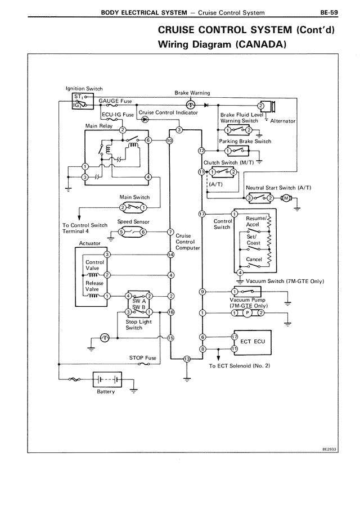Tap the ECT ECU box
(251, 341)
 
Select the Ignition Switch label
(84, 88)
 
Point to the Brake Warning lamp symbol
(190, 105)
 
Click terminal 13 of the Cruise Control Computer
(187, 359)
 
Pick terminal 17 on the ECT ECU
(235, 337)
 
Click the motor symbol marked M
(285, 198)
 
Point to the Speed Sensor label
(132, 222)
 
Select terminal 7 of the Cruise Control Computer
(170, 232)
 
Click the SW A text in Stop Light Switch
(139, 301)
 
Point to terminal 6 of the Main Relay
(148, 140)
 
